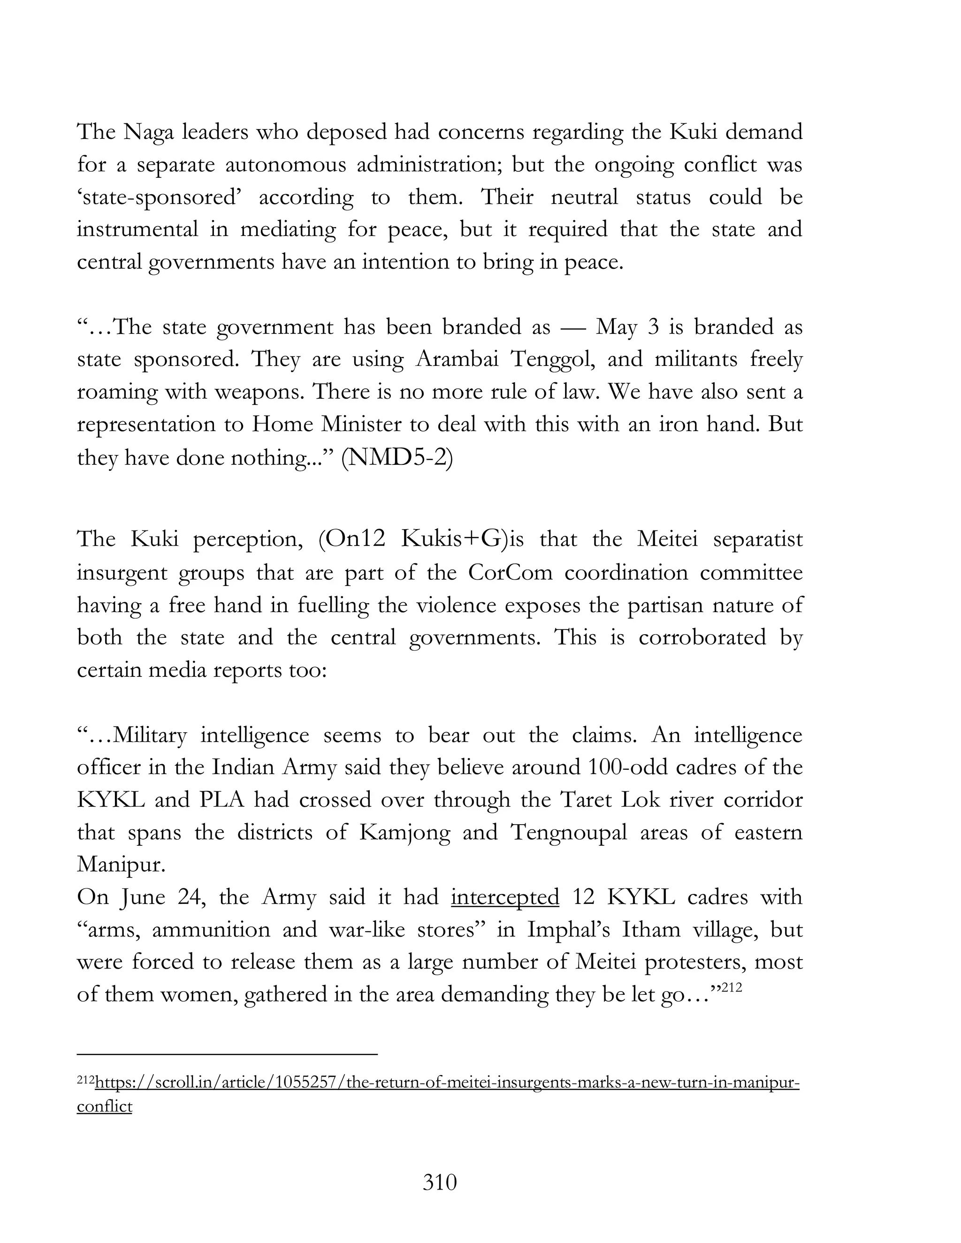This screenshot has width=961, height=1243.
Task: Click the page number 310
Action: pyautogui.click(x=440, y=1182)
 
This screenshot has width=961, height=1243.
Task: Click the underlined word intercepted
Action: pyautogui.click(x=505, y=897)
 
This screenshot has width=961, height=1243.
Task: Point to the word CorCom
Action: pyautogui.click(x=510, y=572)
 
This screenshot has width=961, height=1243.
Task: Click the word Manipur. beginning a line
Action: pyautogui.click(x=121, y=865)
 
